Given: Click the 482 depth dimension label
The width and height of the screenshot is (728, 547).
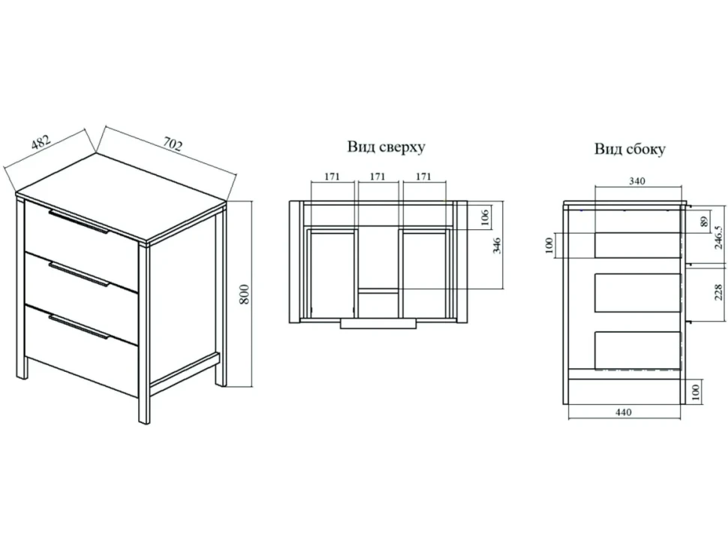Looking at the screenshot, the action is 41,142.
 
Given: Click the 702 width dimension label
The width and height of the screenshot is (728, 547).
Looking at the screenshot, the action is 173,144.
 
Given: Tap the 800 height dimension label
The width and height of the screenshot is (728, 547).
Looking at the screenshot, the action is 245,295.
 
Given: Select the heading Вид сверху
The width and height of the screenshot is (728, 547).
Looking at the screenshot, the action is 387,147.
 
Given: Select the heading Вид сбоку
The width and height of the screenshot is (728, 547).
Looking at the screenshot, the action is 630,149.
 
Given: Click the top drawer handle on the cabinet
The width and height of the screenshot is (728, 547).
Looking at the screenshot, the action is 79,221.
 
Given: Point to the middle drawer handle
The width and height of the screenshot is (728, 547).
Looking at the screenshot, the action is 79,274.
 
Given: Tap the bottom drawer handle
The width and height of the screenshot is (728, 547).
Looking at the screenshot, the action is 79,327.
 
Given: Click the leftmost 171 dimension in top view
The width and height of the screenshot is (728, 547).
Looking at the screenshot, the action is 332,176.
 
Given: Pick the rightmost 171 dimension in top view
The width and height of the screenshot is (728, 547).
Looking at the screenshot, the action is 423,176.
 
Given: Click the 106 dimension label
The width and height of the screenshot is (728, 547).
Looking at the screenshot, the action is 484,217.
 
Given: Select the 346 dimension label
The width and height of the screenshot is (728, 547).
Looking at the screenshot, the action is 497,245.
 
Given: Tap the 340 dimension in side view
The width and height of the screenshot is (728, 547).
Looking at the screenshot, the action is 637,181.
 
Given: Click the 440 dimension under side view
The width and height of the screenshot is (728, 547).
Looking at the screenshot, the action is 624,413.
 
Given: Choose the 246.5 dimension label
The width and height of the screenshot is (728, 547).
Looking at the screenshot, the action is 718,237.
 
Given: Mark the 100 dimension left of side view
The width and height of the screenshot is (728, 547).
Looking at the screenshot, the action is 549,245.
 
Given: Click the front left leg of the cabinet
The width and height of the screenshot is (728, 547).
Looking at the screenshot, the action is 144,334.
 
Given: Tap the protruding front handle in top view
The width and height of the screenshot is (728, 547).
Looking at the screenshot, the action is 378,324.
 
